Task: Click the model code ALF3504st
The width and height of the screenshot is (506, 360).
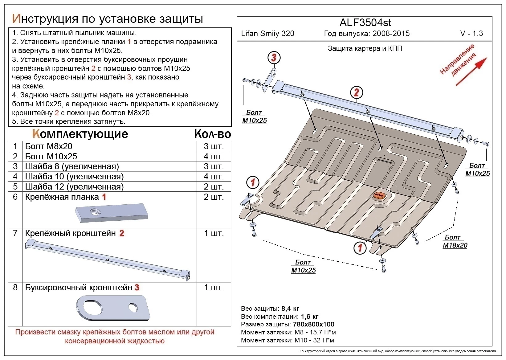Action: click(365, 23)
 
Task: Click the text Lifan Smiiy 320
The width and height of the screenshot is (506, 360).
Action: click(267, 34)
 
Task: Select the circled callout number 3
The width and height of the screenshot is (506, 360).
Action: click(274, 57)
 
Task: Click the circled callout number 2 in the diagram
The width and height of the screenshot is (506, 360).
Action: click(356, 92)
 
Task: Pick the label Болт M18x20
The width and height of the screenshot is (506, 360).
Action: click(455, 241)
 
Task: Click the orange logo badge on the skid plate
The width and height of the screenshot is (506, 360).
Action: click(378, 196)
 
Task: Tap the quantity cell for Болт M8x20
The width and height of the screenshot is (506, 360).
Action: click(214, 146)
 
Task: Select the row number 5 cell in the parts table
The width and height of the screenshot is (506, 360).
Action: click(15, 186)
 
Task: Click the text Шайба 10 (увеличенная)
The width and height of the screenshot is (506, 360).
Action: click(74, 176)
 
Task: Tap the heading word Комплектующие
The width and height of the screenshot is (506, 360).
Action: click(80, 134)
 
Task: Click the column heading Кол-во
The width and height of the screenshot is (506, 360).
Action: click(212, 134)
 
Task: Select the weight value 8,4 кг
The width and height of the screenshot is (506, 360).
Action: click(290, 309)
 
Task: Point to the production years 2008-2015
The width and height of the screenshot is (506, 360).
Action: click(391, 34)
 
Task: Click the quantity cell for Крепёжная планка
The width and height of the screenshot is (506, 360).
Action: click(214, 197)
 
